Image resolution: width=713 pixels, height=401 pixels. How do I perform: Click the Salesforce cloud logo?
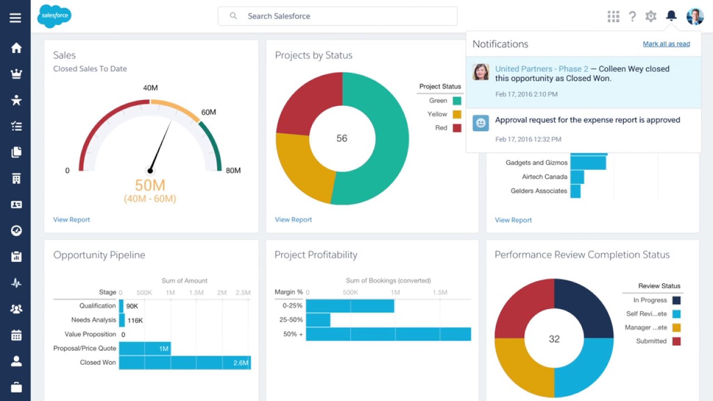(x=54, y=16)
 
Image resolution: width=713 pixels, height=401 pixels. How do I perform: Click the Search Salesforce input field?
(x=337, y=16)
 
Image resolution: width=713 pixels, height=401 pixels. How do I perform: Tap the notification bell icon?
(x=671, y=16)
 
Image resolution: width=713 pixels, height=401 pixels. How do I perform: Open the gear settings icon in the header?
(x=651, y=16)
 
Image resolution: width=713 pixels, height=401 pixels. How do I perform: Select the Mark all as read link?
(x=666, y=44)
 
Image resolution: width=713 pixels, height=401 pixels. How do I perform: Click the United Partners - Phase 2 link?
(x=541, y=69)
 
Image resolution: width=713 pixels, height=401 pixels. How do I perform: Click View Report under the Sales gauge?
(x=71, y=219)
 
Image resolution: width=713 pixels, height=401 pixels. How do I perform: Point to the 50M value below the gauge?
(x=150, y=185)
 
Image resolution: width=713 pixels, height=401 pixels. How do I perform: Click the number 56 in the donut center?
(x=341, y=138)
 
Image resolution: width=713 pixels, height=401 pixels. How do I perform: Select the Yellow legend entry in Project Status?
(x=438, y=114)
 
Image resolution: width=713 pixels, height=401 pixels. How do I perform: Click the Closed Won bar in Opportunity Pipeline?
(x=184, y=363)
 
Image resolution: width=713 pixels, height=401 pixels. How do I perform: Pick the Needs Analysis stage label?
(x=94, y=320)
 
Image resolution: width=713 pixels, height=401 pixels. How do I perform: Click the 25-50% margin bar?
(x=318, y=320)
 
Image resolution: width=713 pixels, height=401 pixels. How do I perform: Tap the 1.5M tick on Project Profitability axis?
(x=439, y=292)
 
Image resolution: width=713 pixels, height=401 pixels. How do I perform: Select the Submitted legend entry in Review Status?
(x=651, y=341)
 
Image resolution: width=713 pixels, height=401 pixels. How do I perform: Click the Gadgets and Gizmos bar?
(x=588, y=163)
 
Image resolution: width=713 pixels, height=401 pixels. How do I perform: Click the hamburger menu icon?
(x=15, y=18)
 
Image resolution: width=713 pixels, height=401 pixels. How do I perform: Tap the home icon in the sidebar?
(x=16, y=48)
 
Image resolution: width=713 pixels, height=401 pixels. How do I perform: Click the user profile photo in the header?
(x=695, y=16)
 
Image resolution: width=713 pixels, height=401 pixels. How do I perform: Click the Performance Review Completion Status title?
(x=582, y=255)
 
